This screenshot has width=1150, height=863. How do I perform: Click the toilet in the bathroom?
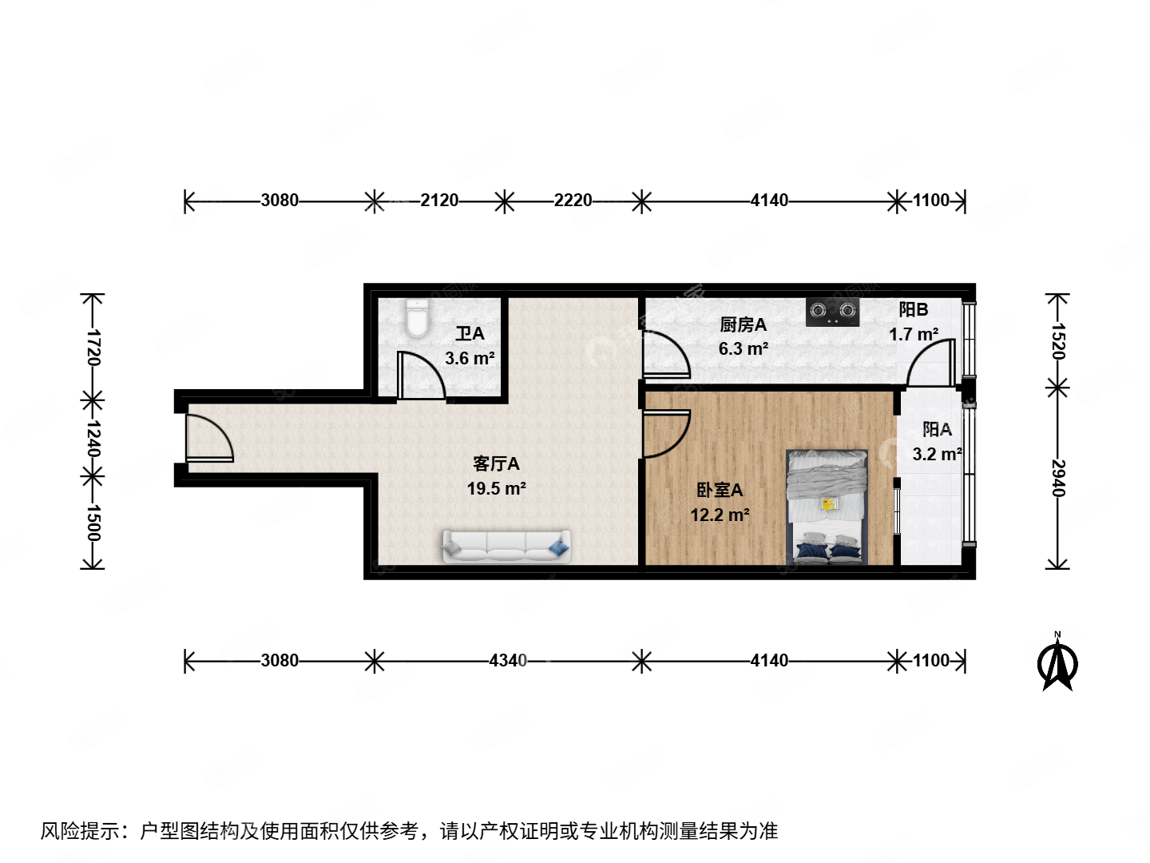click(417, 318)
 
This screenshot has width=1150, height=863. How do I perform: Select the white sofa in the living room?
click(506, 547)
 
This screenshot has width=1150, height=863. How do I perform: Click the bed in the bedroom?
click(827, 507)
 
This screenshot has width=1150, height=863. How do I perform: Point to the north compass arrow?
click(1057, 662)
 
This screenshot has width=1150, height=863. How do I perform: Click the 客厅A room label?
click(496, 463)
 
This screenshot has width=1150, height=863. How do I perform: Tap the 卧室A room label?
click(720, 490)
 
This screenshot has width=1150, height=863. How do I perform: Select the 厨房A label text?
click(743, 324)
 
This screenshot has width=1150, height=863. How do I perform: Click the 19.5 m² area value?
click(496, 488)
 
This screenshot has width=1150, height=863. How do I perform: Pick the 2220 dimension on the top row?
click(573, 201)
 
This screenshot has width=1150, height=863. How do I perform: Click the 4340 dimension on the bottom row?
click(508, 661)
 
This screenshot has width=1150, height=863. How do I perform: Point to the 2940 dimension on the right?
click(1058, 478)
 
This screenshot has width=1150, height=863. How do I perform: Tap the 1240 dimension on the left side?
click(93, 438)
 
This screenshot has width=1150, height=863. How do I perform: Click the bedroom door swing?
click(664, 433)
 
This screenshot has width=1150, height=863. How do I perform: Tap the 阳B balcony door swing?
click(933, 364)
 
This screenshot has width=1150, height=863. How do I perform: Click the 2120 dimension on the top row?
click(439, 201)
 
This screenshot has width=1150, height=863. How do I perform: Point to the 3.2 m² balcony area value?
click(937, 454)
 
